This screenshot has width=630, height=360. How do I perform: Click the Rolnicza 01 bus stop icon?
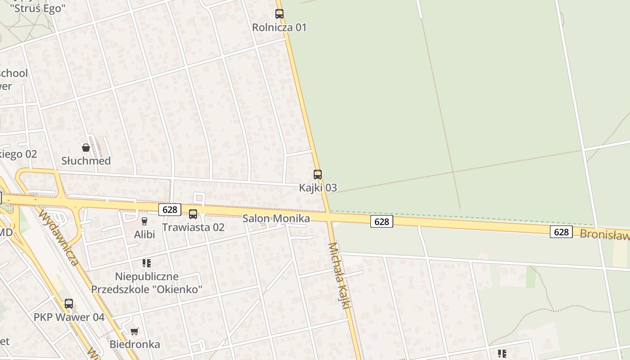[x=279, y=14]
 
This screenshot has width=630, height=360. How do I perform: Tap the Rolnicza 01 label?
[x=279, y=27]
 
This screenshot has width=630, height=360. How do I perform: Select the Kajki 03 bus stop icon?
[x=318, y=174]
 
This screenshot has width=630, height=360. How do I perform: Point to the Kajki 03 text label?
[x=318, y=188]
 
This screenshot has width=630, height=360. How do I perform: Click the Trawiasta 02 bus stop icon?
[x=193, y=214]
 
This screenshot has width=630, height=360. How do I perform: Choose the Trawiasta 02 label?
[x=193, y=227]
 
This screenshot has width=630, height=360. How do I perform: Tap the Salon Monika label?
[x=276, y=219]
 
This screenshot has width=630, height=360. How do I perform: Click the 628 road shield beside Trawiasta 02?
[x=170, y=209]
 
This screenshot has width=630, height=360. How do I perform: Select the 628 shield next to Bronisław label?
[x=561, y=232]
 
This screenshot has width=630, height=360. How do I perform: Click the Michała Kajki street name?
[x=339, y=275]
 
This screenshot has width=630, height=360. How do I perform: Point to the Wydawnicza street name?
[x=58, y=237]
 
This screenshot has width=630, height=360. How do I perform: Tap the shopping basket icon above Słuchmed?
[x=86, y=148]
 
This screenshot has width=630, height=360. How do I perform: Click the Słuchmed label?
[x=86, y=161]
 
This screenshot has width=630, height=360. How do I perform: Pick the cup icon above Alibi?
[x=144, y=221]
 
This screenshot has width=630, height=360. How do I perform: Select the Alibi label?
[x=144, y=234]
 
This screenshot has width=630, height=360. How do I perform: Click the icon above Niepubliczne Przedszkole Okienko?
[x=147, y=263]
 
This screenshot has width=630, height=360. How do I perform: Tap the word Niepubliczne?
[x=147, y=276]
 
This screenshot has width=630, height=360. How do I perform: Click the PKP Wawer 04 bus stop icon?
[x=69, y=304]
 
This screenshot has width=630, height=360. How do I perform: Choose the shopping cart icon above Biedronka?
[x=134, y=332]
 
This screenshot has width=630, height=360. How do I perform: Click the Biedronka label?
[x=135, y=345]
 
